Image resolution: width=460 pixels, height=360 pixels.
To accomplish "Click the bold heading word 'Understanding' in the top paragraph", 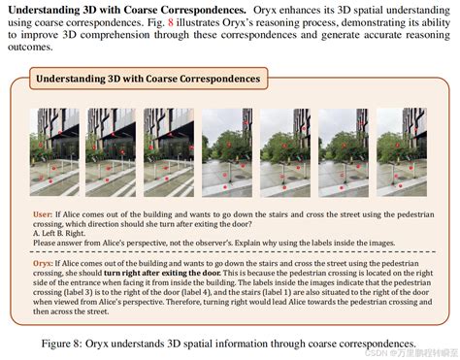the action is pyautogui.click(x=40, y=8).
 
